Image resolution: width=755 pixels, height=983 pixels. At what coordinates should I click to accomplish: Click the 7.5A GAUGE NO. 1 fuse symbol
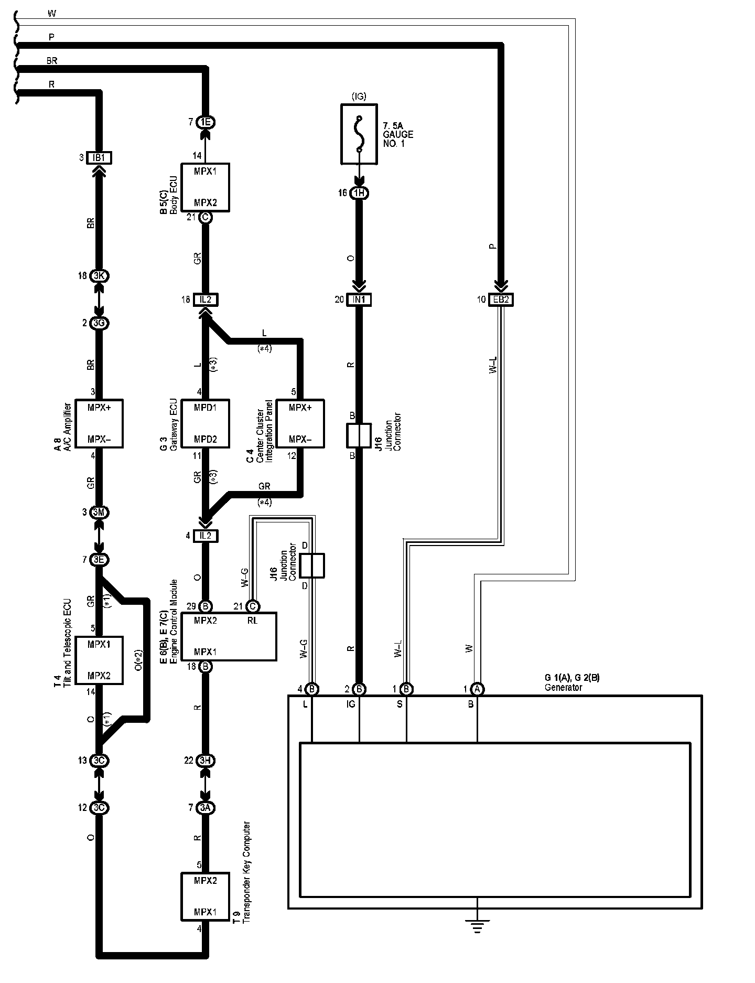click(x=359, y=134)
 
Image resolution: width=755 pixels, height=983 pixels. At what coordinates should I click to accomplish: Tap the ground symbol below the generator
click(x=477, y=926)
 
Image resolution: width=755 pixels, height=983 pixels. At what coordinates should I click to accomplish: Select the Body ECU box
click(x=205, y=187)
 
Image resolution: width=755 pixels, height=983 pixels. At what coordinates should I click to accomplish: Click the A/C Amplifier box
click(x=99, y=423)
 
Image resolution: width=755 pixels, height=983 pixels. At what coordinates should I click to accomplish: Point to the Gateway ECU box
click(x=205, y=423)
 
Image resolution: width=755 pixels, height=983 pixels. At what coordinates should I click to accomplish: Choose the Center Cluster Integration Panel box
click(x=300, y=423)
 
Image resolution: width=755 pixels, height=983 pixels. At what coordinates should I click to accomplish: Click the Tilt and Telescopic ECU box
click(x=99, y=660)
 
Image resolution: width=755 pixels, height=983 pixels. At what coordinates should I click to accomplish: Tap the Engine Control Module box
click(x=229, y=636)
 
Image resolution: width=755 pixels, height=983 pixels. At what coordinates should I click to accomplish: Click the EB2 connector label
click(x=501, y=300)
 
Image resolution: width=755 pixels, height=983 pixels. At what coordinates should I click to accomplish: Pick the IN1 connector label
click(x=359, y=300)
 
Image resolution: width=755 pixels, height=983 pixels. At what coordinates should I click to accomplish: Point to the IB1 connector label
click(x=99, y=158)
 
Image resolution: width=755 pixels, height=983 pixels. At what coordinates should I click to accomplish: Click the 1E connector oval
click(x=205, y=122)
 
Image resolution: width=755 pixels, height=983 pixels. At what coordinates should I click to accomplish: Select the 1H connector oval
click(x=359, y=193)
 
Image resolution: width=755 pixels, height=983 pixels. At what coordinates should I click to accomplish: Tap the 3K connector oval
click(x=99, y=276)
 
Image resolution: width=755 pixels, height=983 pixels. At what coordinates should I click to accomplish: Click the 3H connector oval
click(x=205, y=760)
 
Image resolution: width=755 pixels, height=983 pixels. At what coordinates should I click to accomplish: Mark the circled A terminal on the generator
click(x=477, y=688)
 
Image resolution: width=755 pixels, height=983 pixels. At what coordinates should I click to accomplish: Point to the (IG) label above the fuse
click(x=359, y=96)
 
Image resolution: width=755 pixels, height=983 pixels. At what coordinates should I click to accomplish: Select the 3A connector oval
click(x=205, y=808)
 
